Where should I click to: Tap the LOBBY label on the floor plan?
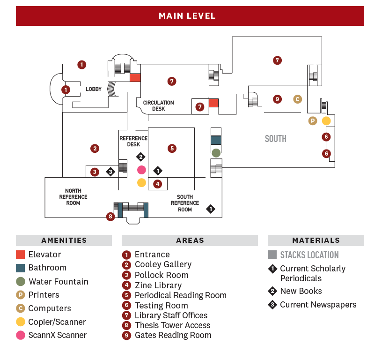94,89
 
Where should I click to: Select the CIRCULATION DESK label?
158,106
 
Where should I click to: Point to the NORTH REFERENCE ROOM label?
73,197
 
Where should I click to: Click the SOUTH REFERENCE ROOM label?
185,203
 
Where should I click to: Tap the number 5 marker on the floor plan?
172,149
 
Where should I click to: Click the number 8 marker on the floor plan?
110,217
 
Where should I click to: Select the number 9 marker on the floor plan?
278,99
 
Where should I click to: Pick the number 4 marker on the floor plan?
158,184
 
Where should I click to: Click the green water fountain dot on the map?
216,153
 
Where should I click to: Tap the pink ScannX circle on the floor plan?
141,170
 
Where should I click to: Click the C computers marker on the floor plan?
297,99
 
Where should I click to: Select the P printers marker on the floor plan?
313,121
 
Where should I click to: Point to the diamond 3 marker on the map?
110,172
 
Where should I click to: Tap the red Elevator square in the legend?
20,255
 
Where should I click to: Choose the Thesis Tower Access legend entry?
172,325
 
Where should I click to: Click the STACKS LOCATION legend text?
309,255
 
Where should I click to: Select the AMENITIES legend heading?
64,240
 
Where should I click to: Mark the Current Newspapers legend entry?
318,305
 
